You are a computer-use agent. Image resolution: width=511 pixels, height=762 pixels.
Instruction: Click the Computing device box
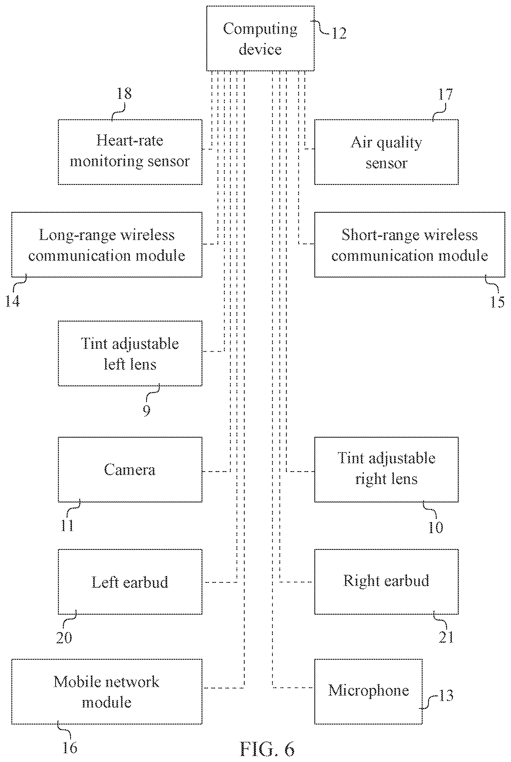[x=260, y=38]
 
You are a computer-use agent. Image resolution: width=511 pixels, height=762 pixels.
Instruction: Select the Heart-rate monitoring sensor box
[x=130, y=152]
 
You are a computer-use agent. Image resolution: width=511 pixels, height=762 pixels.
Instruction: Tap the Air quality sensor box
[x=386, y=152]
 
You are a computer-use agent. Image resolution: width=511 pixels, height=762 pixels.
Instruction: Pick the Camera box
[x=130, y=469]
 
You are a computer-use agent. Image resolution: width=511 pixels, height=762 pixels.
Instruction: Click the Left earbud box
[x=130, y=582]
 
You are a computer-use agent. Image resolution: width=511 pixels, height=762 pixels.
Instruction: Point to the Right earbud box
[x=386, y=582]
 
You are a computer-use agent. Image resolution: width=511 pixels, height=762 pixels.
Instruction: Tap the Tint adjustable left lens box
[x=130, y=354]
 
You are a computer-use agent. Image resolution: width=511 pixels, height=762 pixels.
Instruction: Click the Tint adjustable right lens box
[x=386, y=469]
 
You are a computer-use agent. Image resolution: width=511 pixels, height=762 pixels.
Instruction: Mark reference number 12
[x=339, y=33]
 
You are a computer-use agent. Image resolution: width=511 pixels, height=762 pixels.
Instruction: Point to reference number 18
[x=124, y=93]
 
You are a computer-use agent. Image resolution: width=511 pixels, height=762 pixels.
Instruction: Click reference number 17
[x=445, y=95]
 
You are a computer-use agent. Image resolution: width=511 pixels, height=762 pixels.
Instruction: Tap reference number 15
[x=497, y=302]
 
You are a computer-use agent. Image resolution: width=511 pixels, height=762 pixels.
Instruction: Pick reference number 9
[x=147, y=410]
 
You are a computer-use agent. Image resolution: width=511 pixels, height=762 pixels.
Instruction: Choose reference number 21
[x=446, y=637]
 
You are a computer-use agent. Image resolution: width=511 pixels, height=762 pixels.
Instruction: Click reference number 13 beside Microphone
[x=446, y=696]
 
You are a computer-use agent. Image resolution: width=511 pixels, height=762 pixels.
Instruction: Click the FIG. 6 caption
[x=267, y=749]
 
